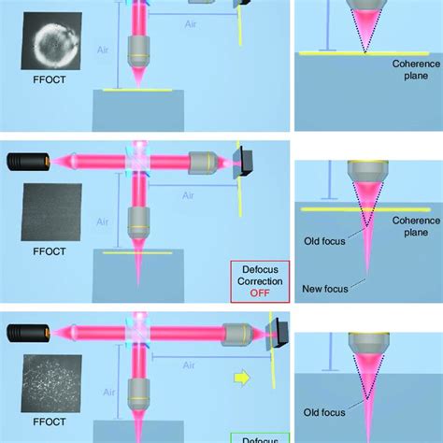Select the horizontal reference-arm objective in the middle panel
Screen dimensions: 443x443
coord(201,162)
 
